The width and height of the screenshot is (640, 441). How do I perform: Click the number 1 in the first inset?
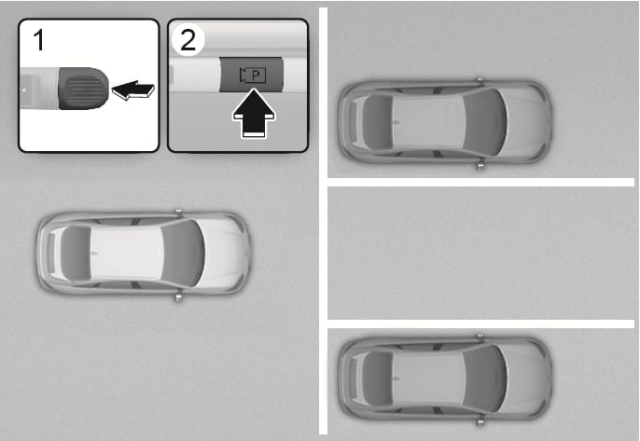(x=39, y=40)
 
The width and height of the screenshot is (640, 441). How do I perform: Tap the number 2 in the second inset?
(x=188, y=40)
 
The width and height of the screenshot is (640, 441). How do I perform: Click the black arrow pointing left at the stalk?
(x=133, y=90)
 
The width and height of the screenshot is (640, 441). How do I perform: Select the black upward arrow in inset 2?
(x=254, y=114)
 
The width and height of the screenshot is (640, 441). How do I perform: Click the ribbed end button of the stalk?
(x=84, y=89)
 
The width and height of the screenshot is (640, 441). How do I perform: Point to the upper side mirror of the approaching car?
(x=178, y=212)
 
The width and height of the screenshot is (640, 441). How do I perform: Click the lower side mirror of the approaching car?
(x=178, y=297)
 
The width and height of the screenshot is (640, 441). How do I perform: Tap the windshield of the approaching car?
(x=184, y=253)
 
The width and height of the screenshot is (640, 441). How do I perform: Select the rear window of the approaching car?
(x=75, y=254)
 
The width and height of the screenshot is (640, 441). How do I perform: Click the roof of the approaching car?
(x=127, y=253)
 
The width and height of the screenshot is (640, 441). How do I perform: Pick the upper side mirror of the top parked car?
(x=480, y=79)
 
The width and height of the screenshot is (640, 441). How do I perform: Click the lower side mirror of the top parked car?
(x=480, y=166)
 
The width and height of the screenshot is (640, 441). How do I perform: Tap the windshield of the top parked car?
(x=486, y=122)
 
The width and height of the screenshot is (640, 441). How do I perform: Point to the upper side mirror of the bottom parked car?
(x=480, y=337)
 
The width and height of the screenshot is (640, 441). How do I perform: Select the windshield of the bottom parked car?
(x=486, y=379)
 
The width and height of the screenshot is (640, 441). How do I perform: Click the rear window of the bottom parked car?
(x=378, y=379)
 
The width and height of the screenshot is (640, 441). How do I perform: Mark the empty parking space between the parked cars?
(x=480, y=253)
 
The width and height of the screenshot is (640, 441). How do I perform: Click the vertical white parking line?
(x=323, y=221)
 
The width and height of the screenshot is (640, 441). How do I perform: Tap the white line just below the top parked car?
(x=480, y=183)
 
